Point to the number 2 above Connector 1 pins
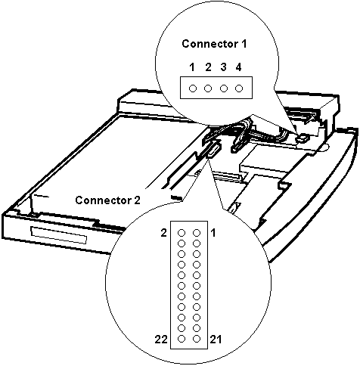[x=208, y=67]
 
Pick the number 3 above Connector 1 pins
[x=223, y=67]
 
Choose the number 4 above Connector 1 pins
[x=239, y=67]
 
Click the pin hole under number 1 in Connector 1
[x=192, y=88]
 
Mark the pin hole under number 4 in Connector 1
[x=239, y=88]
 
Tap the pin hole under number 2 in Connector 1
[x=208, y=88]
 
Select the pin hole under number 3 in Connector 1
[x=223, y=88]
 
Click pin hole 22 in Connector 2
[x=182, y=338]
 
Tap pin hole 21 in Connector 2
[x=197, y=338]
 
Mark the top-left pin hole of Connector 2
[x=182, y=234]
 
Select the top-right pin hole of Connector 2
[x=197, y=234]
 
